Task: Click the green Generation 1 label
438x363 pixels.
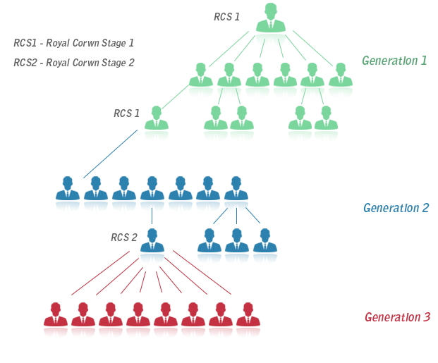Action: [394, 61]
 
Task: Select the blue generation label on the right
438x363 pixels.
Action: [396, 208]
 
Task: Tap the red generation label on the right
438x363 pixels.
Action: [397, 317]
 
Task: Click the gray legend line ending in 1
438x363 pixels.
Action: [73, 43]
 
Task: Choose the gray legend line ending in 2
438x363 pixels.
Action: [73, 63]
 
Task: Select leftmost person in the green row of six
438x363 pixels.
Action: [201, 84]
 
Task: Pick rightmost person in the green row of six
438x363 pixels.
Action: [341, 84]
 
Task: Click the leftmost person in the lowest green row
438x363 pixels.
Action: [156, 128]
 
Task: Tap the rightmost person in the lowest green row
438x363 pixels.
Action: [326, 128]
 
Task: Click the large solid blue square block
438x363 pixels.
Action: [112, 152]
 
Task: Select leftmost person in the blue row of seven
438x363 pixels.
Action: [67, 197]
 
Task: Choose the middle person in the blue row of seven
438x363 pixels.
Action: [152, 197]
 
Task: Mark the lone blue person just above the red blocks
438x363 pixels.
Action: [152, 248]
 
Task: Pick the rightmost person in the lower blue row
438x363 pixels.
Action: [265, 248]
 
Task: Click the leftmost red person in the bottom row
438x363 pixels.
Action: [56, 322]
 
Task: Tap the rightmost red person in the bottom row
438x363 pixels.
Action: [248, 322]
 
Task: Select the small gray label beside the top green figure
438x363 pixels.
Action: [226, 17]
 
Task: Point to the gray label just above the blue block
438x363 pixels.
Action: [126, 113]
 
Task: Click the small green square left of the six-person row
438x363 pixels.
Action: [175, 97]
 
